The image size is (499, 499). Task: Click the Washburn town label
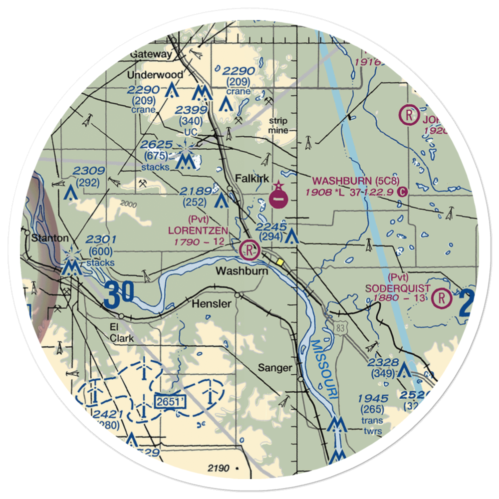click(242, 271)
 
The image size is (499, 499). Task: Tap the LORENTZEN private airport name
click(198, 231)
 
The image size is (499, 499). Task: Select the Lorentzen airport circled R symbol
click(249, 249)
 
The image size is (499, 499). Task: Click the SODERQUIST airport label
click(398, 288)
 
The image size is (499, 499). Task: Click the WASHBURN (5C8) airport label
click(356, 180)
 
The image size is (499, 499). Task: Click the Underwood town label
click(155, 75)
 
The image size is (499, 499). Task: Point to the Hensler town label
click(212, 304)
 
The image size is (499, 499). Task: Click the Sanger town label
click(274, 368)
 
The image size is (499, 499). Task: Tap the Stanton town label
click(48, 238)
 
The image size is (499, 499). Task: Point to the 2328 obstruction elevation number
click(383, 362)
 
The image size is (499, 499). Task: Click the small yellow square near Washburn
click(280, 261)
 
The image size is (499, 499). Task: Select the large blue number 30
click(119, 293)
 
